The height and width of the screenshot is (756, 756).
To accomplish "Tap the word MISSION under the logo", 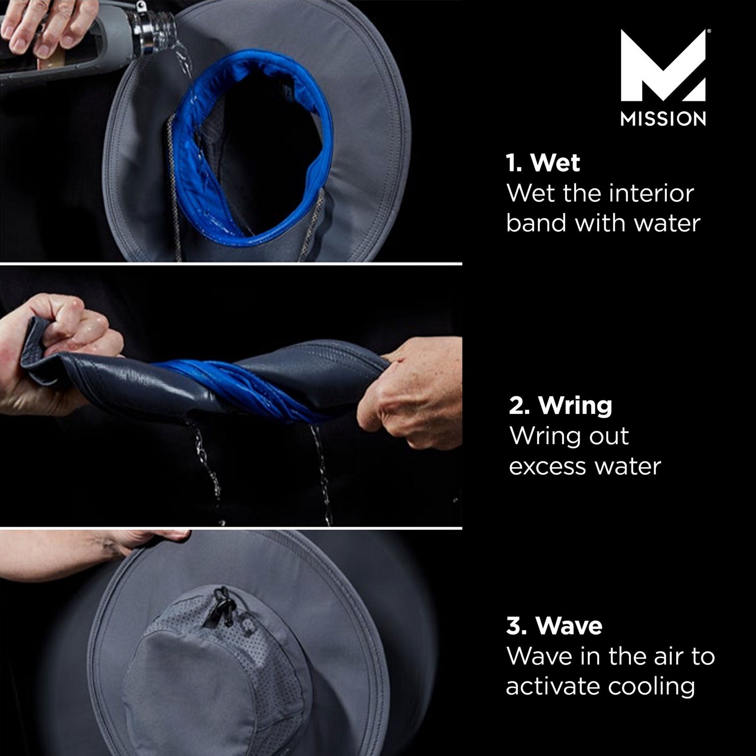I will [x=663, y=119].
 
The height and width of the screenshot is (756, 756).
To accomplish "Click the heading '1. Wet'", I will [x=543, y=163].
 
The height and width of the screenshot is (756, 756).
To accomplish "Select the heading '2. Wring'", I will [x=560, y=405].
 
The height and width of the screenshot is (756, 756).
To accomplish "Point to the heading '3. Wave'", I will [x=554, y=625].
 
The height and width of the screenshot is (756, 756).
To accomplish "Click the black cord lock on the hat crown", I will [x=220, y=605].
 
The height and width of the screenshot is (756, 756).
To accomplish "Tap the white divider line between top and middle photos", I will [x=231, y=263].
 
